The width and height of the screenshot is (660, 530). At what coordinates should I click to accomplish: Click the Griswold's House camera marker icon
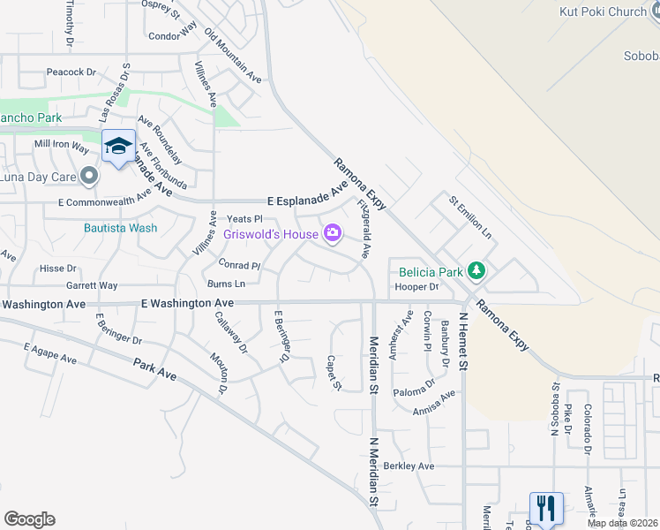click(333, 233)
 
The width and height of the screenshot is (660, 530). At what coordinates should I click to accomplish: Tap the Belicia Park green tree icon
click(476, 270)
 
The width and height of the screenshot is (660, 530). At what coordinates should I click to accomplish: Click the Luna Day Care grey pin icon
click(88, 178)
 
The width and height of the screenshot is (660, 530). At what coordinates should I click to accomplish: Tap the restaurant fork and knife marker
click(545, 508)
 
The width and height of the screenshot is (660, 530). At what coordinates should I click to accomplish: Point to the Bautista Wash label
click(121, 228)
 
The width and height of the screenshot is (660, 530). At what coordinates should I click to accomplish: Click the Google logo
click(29, 519)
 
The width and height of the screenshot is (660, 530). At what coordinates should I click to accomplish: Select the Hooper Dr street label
click(416, 287)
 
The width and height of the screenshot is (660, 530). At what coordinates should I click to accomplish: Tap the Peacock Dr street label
click(71, 72)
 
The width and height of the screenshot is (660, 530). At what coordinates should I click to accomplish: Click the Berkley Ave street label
click(409, 466)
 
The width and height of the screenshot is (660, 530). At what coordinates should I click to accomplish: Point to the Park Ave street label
click(155, 370)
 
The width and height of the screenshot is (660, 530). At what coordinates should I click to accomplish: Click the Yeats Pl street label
click(245, 218)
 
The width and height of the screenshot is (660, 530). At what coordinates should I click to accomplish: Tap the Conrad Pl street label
click(239, 265)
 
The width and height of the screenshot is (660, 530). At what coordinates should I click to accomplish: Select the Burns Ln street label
click(226, 284)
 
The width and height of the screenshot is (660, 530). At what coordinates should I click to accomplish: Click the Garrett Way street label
click(92, 286)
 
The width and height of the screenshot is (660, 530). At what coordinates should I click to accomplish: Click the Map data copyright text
click(623, 523)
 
